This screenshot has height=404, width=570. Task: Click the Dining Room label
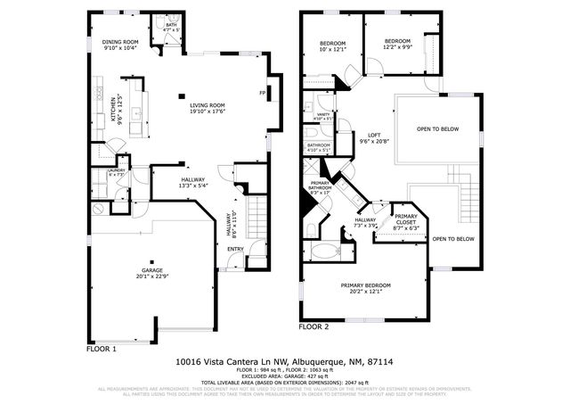pos(121,45)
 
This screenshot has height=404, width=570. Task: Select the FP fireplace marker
pos(263,93)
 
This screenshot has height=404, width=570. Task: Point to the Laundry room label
pos(116,171)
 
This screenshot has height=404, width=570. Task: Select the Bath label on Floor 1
pos(171,28)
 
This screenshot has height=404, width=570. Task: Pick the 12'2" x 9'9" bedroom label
pos(398,44)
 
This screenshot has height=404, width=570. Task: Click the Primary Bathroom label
pos(321,188)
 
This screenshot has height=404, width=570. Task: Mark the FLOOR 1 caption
pos(102,349)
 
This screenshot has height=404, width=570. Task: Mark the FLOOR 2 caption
pos(313,327)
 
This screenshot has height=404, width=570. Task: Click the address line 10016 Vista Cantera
pos(284,362)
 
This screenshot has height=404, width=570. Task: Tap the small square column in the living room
pos(181,95)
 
